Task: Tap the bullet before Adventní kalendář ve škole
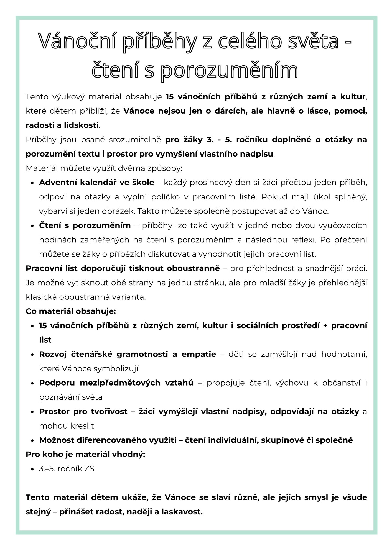[x=32, y=183]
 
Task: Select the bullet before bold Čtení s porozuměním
[x=32, y=226]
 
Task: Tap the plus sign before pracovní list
[x=325, y=326]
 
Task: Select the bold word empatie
[x=198, y=354]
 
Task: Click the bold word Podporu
[x=57, y=383]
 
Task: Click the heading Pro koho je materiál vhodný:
[x=85, y=454]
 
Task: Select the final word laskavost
[x=181, y=511]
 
